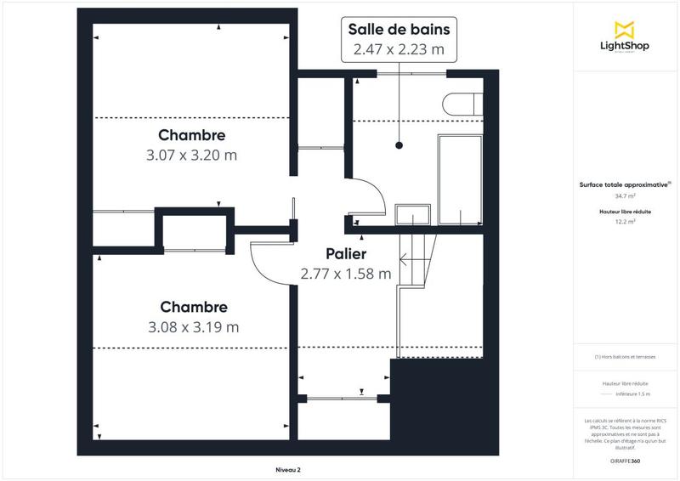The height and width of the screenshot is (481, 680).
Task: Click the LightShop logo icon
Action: coord(625,30)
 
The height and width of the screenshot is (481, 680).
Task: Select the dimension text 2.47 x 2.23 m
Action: coord(399,49)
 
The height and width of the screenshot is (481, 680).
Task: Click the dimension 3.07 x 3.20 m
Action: coord(191,156)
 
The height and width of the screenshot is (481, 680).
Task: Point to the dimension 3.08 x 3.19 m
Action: coord(192,326)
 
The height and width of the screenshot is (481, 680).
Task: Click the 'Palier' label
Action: coord(346,254)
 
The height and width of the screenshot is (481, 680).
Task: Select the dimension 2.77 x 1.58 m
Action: coord(346,274)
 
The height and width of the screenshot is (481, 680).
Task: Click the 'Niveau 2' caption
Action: coord(288,470)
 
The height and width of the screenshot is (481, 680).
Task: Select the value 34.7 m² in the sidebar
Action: coord(625,195)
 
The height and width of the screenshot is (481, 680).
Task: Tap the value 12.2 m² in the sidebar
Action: coord(625,222)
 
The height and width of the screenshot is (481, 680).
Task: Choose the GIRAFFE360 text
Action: coord(625,460)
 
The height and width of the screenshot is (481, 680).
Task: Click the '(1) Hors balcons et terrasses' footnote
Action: coord(625,357)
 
